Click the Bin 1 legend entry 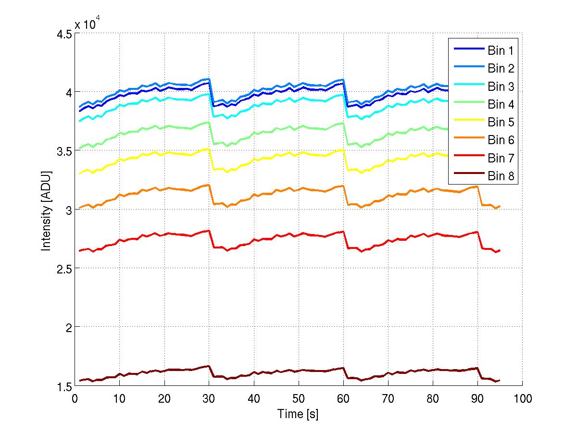pyautogui.click(x=502, y=50)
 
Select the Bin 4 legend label pyautogui.click(x=502, y=104)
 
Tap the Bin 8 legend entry pyautogui.click(x=502, y=176)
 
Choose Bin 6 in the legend pyautogui.click(x=502, y=140)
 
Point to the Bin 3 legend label pyautogui.click(x=502, y=87)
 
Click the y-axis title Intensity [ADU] pyautogui.click(x=46, y=210)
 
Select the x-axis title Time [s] pyautogui.click(x=298, y=414)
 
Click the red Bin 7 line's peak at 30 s pyautogui.click(x=209, y=231)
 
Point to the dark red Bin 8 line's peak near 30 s pyautogui.click(x=209, y=366)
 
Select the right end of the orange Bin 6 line pyautogui.click(x=500, y=206)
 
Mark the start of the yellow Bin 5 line pyautogui.click(x=79, y=173)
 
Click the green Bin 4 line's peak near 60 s pyautogui.click(x=343, y=123)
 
